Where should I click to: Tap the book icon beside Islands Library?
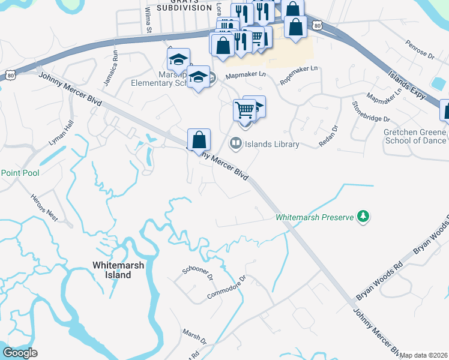click(x=236, y=143)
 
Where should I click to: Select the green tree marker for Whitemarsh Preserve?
click(x=363, y=216)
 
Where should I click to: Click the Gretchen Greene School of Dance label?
click(x=415, y=136)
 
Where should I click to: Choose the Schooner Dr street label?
click(x=198, y=271)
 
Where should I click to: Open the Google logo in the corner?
click(x=20, y=353)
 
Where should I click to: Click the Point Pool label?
click(x=19, y=173)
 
